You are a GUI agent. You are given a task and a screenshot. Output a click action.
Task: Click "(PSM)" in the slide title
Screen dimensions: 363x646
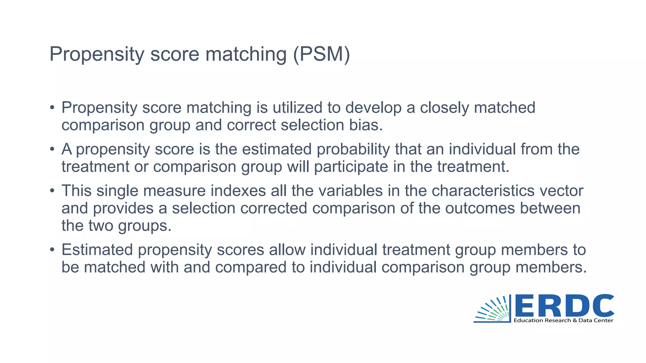pos(321,54)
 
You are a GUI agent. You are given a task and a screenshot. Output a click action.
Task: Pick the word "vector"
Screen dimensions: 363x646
pos(561,191)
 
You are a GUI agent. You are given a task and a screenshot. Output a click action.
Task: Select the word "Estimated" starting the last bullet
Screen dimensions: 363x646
pos(97,250)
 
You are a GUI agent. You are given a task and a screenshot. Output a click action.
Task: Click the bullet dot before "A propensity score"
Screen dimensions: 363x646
pos(52,149)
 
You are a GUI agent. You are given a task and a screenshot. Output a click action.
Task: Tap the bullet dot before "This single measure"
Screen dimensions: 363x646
pos(52,191)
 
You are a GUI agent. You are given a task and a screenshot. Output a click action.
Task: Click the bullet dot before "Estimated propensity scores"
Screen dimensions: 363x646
pos(52,250)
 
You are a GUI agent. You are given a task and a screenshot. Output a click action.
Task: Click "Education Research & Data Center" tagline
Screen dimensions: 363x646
pos(563,320)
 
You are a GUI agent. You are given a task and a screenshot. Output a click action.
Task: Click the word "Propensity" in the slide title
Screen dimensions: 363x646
pos(97,54)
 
